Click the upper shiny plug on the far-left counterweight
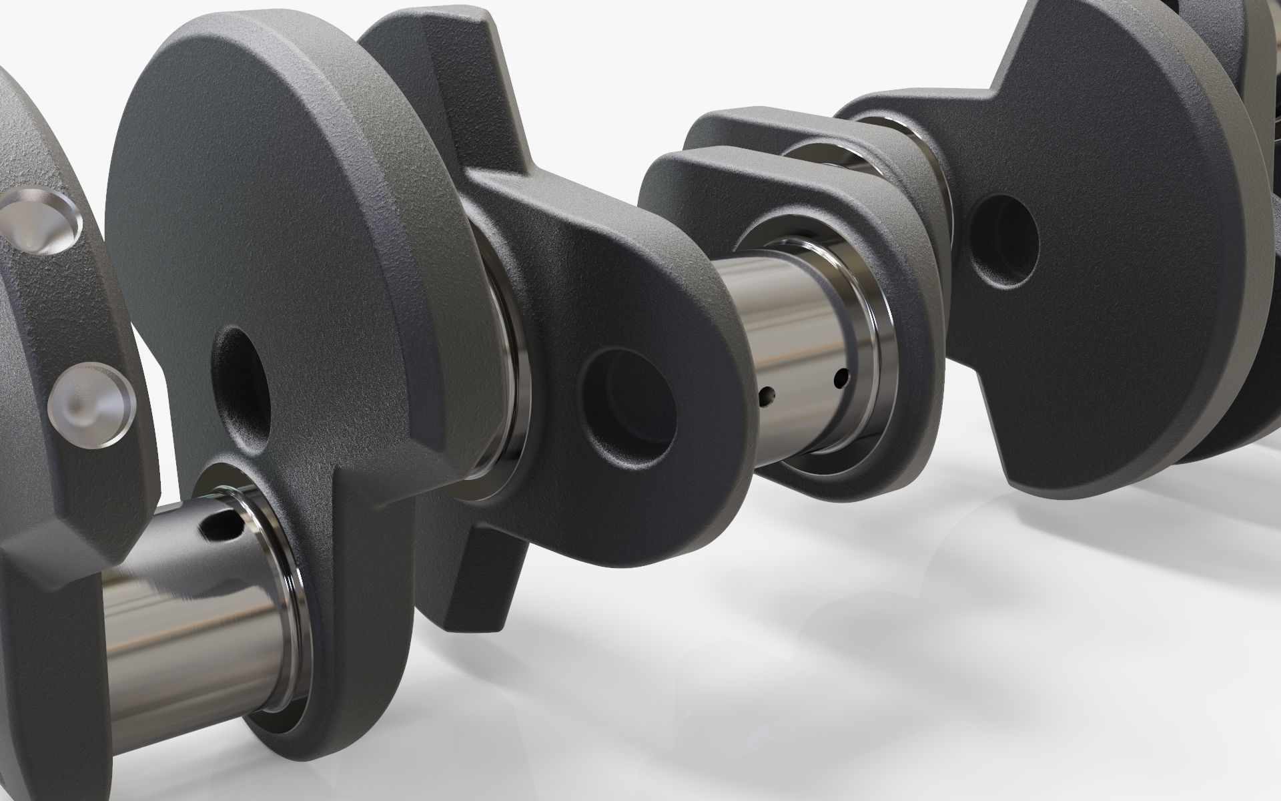(x=42, y=222)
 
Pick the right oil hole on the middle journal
(x=842, y=378)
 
